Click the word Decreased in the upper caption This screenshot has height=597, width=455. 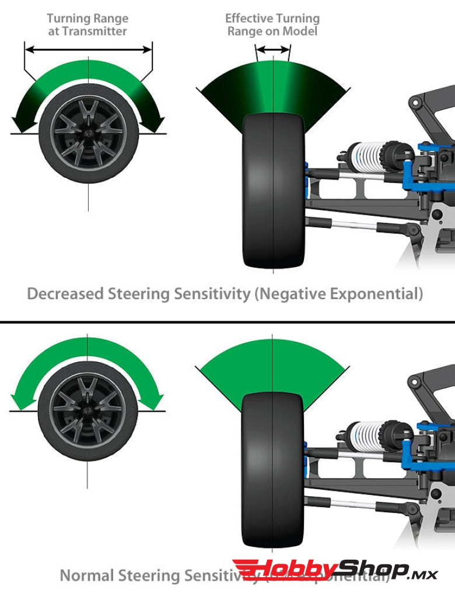(x=65, y=294)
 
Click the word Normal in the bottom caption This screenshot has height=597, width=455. (x=87, y=575)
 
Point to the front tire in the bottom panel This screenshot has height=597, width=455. (x=272, y=466)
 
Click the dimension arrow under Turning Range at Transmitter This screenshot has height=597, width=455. (x=88, y=50)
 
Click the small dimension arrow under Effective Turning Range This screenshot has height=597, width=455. (x=272, y=51)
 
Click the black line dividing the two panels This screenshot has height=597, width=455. (x=228, y=322)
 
